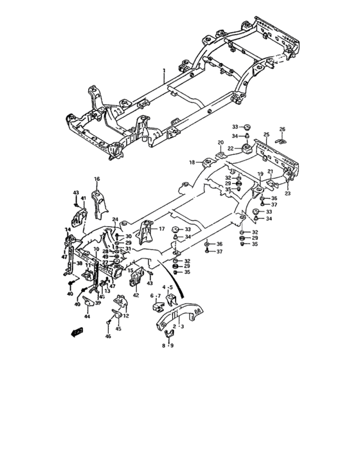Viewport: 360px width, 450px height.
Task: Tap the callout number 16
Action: click(97, 179)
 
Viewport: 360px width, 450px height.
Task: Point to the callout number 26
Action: click(282, 129)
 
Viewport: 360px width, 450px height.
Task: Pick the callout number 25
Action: click(266, 134)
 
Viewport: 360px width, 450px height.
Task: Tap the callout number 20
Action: click(220, 142)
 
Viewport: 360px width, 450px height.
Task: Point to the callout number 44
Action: click(87, 317)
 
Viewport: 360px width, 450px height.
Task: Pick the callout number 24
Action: click(116, 219)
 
